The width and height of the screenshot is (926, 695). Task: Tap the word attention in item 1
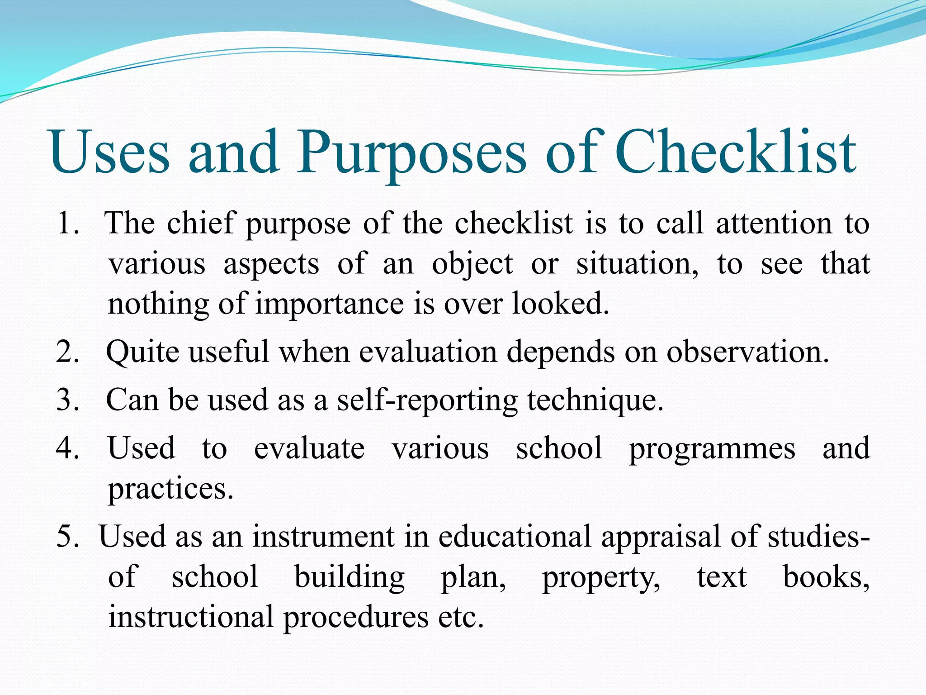[774, 224]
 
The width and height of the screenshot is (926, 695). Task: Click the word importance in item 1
[329, 304]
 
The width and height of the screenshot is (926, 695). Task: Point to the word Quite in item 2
[142, 352]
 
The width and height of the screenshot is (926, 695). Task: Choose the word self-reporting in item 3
[427, 401]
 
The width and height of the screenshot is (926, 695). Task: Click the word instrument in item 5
[323, 537]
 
